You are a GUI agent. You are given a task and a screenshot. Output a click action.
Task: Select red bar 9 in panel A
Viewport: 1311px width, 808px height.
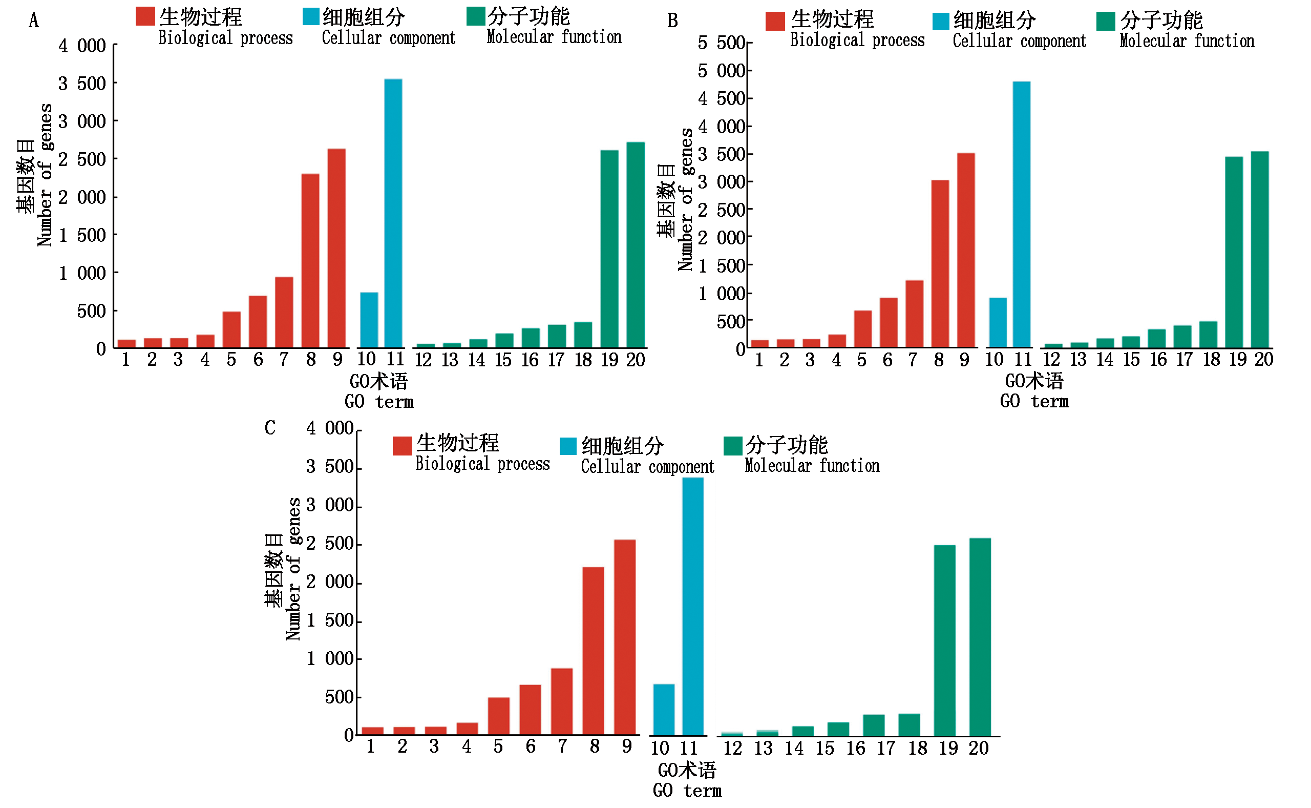click(336, 248)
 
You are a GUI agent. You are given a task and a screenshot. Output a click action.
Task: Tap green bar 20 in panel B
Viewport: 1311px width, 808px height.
click(1259, 250)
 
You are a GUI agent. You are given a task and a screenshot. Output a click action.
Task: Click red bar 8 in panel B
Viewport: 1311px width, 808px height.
click(940, 264)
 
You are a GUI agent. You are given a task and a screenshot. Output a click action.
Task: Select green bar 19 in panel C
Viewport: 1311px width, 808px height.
click(944, 640)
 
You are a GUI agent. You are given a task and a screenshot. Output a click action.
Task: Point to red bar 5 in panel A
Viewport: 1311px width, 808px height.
click(231, 330)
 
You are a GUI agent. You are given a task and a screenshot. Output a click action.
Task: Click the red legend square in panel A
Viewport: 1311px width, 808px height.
click(145, 16)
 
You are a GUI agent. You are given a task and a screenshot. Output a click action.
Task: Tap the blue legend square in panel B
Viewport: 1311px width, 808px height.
click(940, 22)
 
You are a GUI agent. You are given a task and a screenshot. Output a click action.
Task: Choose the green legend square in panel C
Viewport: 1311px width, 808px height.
click(733, 446)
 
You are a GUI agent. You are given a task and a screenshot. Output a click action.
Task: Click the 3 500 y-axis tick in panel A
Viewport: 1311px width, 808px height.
click(82, 84)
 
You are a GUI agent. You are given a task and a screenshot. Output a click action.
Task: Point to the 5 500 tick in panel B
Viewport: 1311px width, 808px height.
click(721, 43)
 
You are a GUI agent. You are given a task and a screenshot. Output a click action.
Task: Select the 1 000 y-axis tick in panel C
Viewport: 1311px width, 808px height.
click(330, 658)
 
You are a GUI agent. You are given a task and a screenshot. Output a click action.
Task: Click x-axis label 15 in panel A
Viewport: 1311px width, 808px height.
click(503, 360)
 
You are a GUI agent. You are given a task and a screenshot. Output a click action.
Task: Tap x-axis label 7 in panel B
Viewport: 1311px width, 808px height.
click(913, 360)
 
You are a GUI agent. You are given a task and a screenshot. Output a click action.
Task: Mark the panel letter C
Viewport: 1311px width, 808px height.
click(270, 427)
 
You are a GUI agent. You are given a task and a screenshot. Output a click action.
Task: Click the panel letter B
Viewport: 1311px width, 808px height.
click(672, 20)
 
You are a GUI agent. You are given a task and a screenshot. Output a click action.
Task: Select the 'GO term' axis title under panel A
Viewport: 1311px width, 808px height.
click(378, 401)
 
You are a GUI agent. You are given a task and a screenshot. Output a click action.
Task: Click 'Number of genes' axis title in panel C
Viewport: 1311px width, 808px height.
click(294, 569)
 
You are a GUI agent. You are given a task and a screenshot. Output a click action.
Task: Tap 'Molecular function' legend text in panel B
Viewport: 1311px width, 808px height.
click(1187, 40)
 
